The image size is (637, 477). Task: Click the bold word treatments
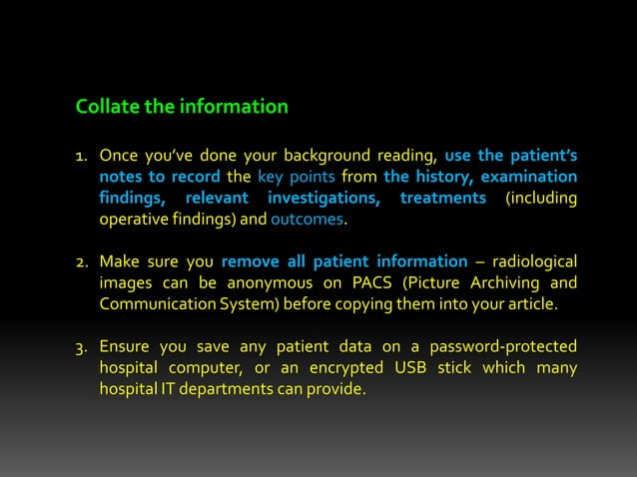coord(442,198)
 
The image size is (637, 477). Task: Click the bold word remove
coord(250,261)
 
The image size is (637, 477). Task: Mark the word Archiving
coord(497,282)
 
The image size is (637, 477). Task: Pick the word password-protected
coord(503,346)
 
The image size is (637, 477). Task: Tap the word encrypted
coord(360,367)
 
